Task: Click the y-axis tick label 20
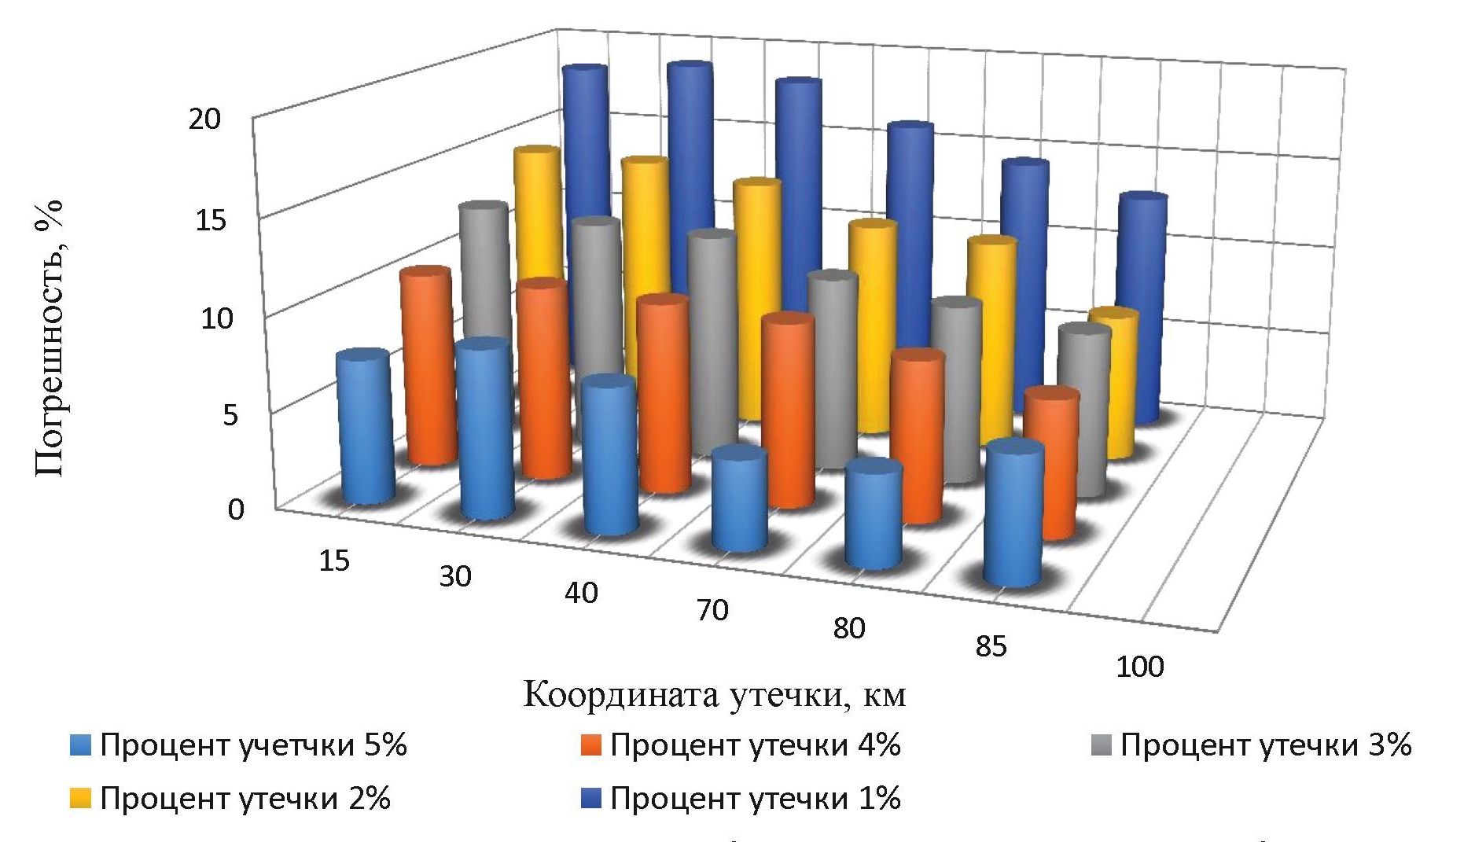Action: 207,119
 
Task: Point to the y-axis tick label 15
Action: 211,220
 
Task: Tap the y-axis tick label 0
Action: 236,509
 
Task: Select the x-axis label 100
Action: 1139,667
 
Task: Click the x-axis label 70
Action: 712,609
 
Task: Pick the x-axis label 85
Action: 990,646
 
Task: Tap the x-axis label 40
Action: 581,592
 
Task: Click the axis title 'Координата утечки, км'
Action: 714,695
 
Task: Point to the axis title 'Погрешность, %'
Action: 49,338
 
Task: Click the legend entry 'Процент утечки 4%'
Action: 755,745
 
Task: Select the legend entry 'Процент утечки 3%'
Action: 1265,745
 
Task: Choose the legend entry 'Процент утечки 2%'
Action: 245,799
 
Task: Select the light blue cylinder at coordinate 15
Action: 366,428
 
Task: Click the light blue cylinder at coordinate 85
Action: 1014,515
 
